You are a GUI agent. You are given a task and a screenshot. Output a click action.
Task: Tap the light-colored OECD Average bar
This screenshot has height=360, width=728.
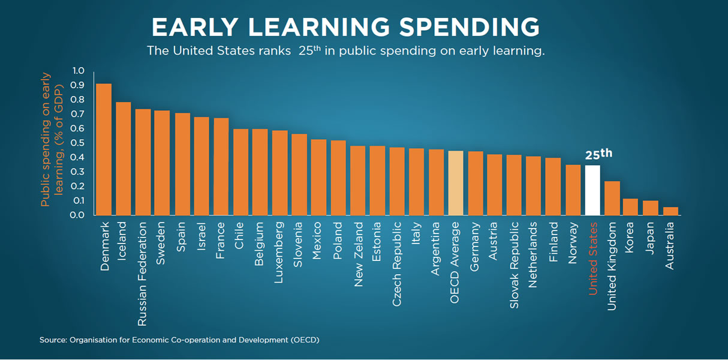click(456, 182)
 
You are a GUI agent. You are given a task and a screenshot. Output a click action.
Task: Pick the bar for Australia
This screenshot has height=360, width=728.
click(670, 211)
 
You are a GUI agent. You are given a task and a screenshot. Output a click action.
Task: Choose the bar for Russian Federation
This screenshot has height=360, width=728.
click(143, 162)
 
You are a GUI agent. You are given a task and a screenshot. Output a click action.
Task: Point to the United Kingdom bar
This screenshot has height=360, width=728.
click(612, 198)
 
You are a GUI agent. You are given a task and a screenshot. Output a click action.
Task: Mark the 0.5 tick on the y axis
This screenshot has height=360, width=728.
click(78, 143)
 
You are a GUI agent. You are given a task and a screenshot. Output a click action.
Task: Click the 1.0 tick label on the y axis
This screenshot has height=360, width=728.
click(78, 71)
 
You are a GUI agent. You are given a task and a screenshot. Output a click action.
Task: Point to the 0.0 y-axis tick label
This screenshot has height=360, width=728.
click(78, 215)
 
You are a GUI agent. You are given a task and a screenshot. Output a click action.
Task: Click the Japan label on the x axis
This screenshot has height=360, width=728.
click(651, 239)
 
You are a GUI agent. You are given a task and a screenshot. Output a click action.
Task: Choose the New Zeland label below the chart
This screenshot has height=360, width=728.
click(359, 254)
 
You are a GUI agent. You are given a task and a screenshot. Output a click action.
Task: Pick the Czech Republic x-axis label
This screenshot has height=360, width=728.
click(398, 265)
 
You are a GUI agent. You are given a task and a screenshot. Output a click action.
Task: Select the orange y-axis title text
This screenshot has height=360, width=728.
click(52, 139)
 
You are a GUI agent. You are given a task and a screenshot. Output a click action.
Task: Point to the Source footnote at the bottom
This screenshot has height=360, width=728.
click(179, 340)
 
